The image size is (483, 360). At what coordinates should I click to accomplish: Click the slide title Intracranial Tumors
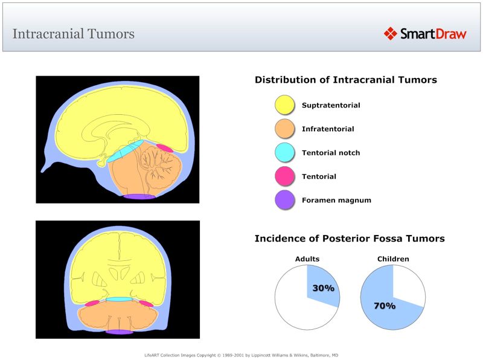click(73, 33)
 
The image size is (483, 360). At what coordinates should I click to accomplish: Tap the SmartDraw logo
click(425, 34)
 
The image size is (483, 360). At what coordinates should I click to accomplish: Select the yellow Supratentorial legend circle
click(284, 105)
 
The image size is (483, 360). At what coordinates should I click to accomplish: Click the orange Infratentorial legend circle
click(284, 129)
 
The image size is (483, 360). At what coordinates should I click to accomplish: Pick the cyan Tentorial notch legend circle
click(284, 153)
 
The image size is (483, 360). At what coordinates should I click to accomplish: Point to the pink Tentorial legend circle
click(284, 176)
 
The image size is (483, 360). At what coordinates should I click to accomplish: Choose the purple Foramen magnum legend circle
click(284, 200)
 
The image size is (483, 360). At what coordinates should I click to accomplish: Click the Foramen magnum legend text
click(336, 200)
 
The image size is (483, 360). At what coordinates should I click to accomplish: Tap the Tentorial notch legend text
click(331, 153)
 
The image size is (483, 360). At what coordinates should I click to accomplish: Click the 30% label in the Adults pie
click(323, 288)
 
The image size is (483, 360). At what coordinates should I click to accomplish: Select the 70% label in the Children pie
click(384, 306)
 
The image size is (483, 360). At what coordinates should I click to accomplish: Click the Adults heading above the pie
click(307, 259)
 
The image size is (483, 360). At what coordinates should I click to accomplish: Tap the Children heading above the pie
click(393, 259)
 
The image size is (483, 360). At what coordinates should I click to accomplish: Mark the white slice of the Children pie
click(408, 284)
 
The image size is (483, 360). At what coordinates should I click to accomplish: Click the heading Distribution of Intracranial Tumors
click(345, 80)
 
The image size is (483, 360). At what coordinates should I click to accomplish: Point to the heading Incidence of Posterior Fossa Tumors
click(350, 239)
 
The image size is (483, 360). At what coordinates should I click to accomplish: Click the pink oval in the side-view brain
click(164, 147)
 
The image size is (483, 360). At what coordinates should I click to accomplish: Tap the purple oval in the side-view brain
click(139, 196)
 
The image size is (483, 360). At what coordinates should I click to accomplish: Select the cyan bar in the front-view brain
click(119, 299)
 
